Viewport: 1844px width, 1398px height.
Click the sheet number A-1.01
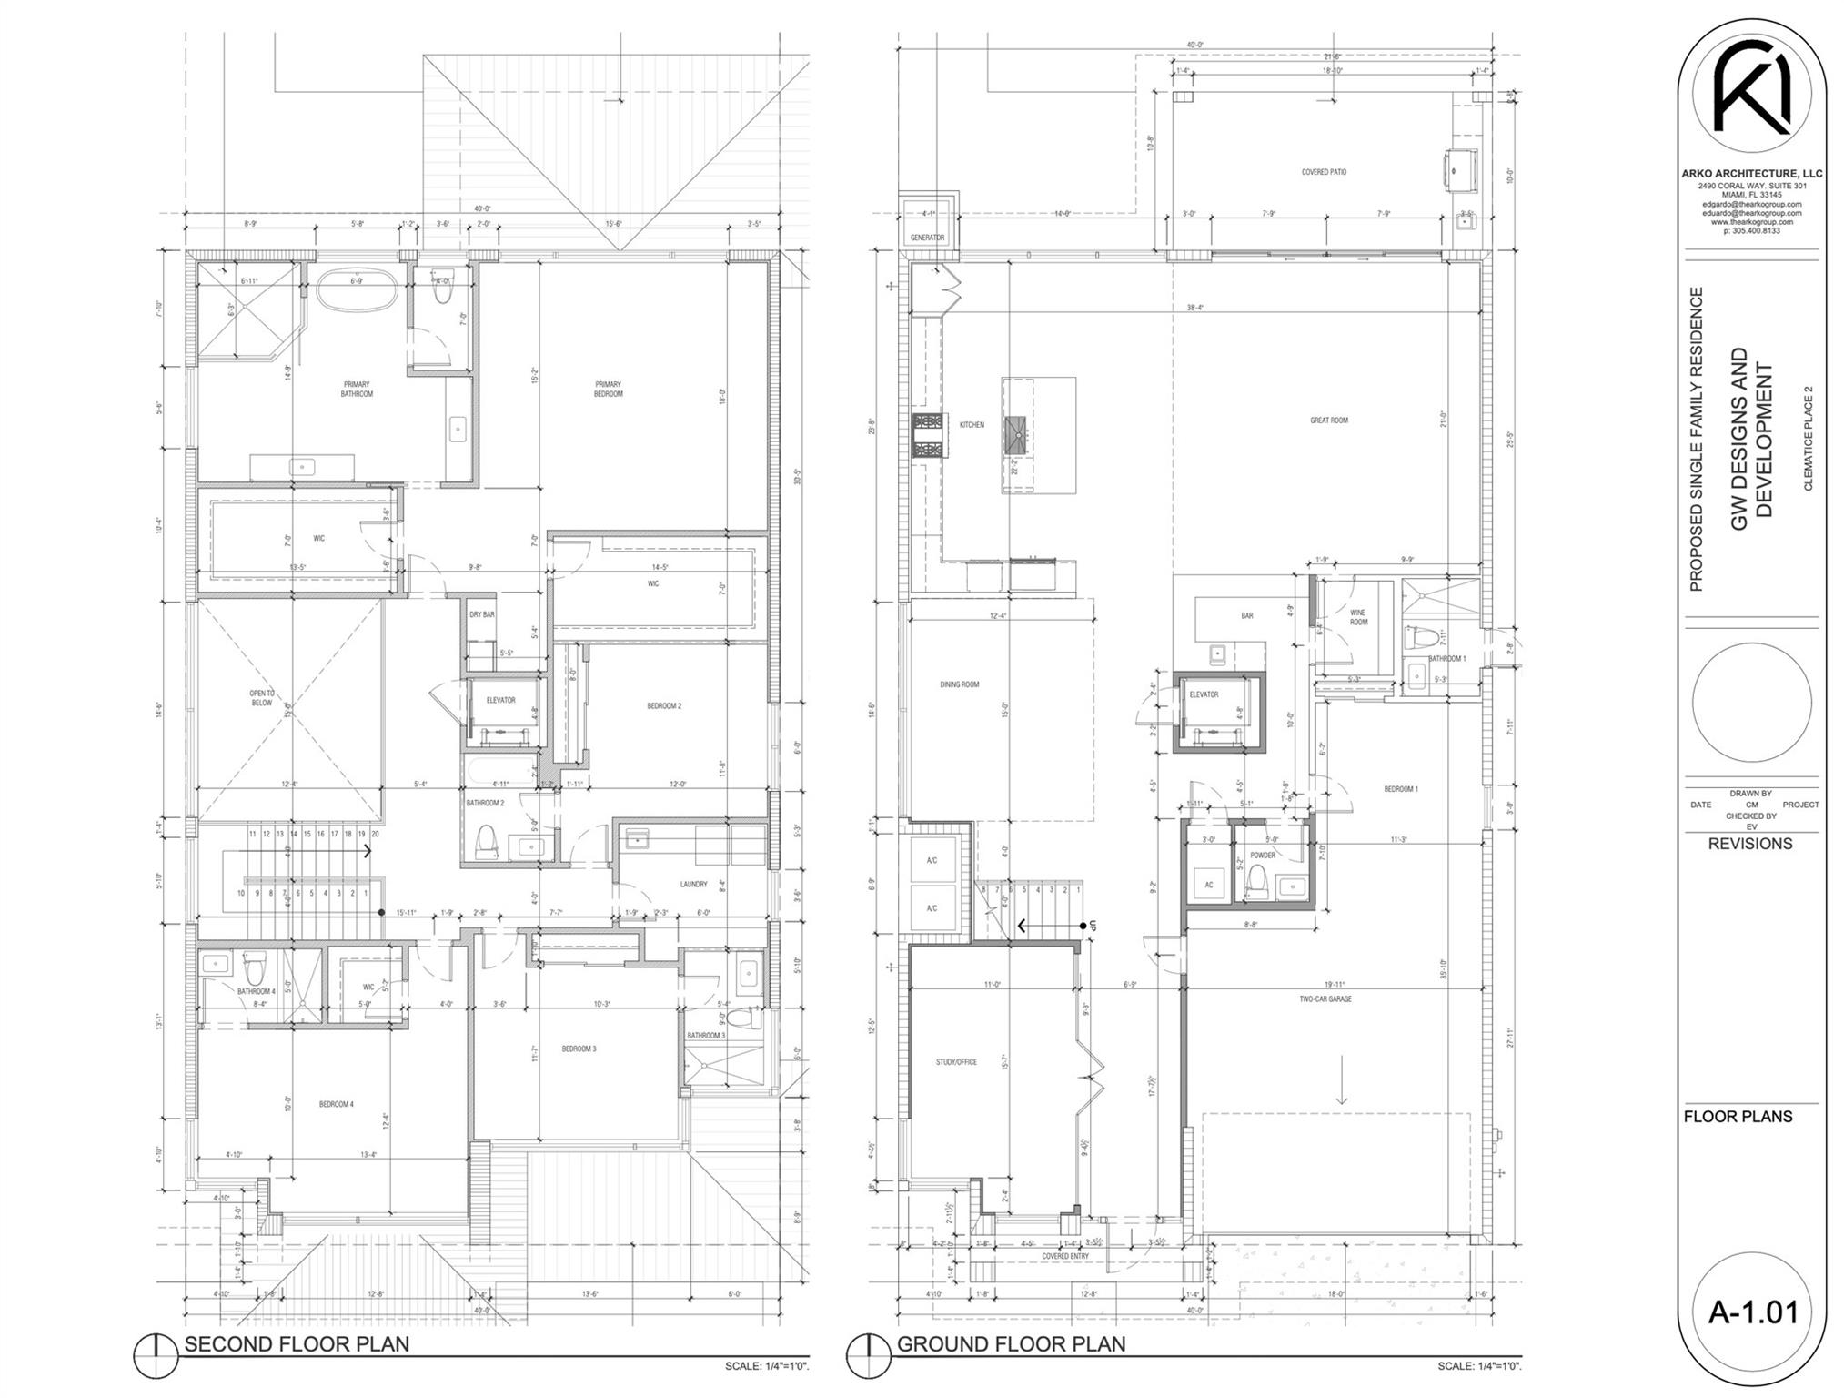(1752, 1312)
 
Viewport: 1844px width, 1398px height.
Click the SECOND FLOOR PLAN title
(297, 1343)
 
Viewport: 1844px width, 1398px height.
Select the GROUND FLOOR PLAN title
(1011, 1343)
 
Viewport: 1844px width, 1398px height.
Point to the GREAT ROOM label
(1328, 420)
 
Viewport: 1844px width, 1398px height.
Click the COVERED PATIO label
(1324, 172)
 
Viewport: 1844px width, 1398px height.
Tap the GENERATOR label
(927, 238)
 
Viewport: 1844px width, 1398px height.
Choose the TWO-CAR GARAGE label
(1325, 999)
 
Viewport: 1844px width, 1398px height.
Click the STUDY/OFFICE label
(956, 1062)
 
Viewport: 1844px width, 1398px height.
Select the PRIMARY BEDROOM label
(608, 389)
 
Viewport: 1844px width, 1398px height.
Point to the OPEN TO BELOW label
(262, 697)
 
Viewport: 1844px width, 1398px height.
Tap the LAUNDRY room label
(693, 884)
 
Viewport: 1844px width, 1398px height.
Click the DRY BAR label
(481, 614)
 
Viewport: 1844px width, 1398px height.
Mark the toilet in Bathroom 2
(487, 841)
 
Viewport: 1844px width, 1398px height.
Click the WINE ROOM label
(1358, 617)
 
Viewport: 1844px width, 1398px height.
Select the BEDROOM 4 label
(336, 1104)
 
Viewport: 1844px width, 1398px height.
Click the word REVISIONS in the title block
(1749, 844)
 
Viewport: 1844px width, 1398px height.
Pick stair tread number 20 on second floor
(375, 834)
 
